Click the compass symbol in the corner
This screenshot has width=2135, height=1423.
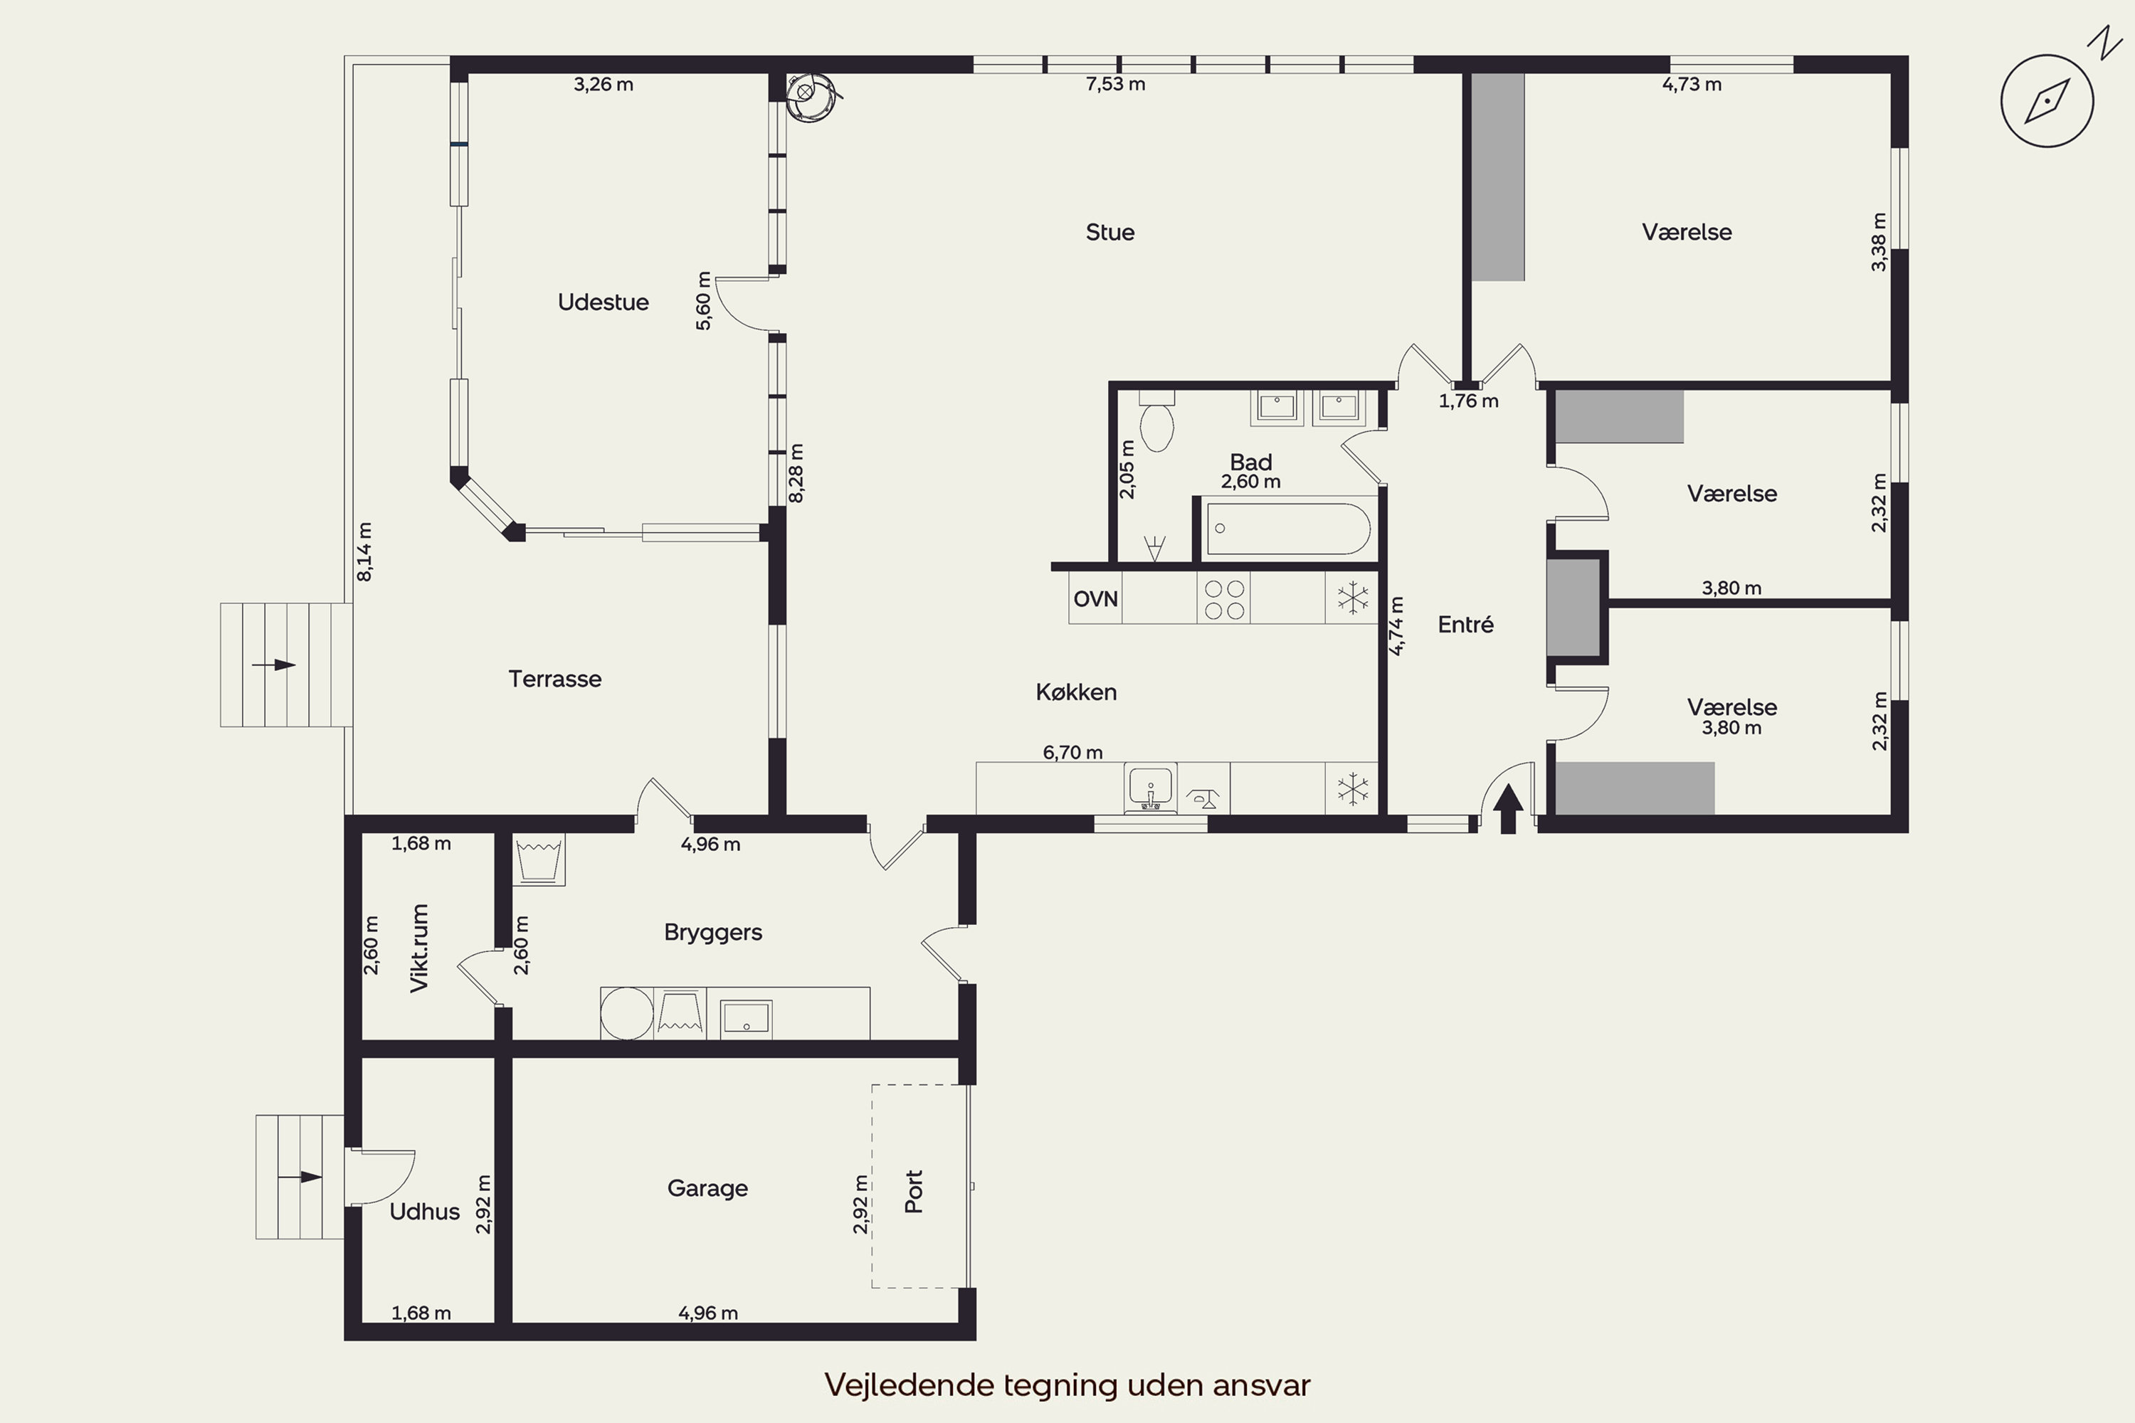(2047, 101)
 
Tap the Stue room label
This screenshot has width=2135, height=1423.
(1109, 233)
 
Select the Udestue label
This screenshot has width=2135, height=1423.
(603, 302)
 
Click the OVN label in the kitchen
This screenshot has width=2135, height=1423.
(1095, 599)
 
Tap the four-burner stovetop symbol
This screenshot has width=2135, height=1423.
(1223, 599)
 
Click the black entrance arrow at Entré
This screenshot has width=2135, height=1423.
(1508, 808)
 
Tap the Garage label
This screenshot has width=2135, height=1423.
(707, 1189)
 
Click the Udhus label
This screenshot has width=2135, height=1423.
(424, 1212)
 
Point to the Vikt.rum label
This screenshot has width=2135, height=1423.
(418, 948)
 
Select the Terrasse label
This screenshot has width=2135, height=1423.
(554, 679)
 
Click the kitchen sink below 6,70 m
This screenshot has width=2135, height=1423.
(1150, 788)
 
